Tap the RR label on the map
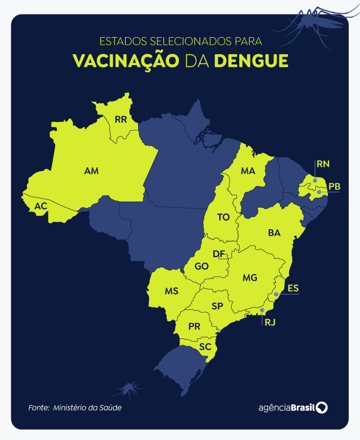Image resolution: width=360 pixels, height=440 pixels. click(x=121, y=119)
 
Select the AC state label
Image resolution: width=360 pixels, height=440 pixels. click(x=41, y=206)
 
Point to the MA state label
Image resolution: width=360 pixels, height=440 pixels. click(x=248, y=171)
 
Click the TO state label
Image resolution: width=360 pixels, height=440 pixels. click(x=223, y=217)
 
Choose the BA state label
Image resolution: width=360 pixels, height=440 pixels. click(x=274, y=233)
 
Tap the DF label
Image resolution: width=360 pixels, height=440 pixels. click(x=219, y=254)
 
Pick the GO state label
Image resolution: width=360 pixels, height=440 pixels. click(x=201, y=266)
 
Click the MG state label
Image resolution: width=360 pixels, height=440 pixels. click(x=250, y=278)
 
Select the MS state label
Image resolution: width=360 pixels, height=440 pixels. click(x=171, y=291)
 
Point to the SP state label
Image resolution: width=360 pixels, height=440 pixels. click(x=217, y=306)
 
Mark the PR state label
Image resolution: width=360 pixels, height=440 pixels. click(x=195, y=327)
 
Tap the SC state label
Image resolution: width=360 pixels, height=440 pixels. click(x=205, y=347)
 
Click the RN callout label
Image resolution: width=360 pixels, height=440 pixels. click(x=323, y=164)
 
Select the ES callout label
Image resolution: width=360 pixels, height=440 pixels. click(x=293, y=288)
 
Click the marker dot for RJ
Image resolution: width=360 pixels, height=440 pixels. click(x=262, y=310)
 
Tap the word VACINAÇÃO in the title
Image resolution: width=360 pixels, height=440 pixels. click(x=126, y=60)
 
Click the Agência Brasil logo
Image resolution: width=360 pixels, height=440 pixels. click(x=292, y=407)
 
